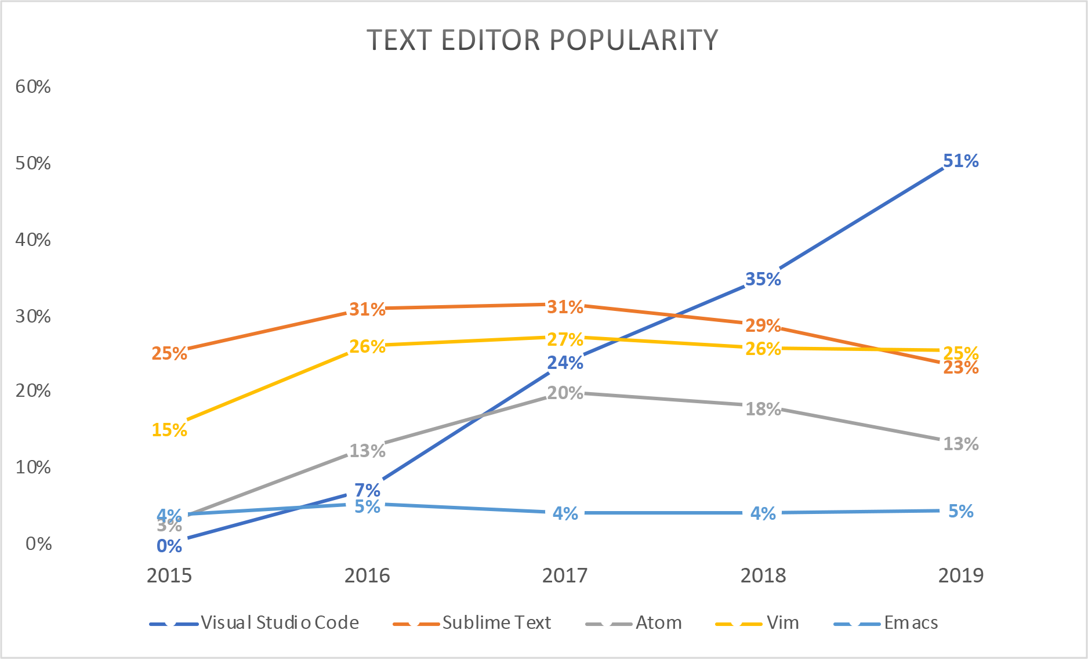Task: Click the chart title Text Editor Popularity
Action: point(542,40)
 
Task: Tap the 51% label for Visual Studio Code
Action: point(960,161)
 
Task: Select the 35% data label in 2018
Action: point(763,279)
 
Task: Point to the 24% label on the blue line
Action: point(565,363)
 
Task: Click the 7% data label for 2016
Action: point(367,490)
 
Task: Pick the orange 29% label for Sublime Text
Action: point(763,325)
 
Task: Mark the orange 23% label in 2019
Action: point(960,368)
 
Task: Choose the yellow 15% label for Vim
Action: point(169,430)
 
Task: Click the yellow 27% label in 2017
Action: point(565,339)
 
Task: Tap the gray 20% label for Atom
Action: point(565,393)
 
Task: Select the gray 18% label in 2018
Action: point(763,409)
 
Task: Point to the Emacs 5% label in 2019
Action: point(960,511)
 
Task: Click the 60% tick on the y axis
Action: point(33,86)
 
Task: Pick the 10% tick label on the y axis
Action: point(33,467)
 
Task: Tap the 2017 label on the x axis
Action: point(565,575)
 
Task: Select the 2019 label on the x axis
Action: point(960,575)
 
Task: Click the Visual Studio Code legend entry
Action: point(280,622)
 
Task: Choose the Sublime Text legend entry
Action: point(496,622)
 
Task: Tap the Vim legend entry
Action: point(782,622)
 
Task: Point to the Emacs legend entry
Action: point(911,622)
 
